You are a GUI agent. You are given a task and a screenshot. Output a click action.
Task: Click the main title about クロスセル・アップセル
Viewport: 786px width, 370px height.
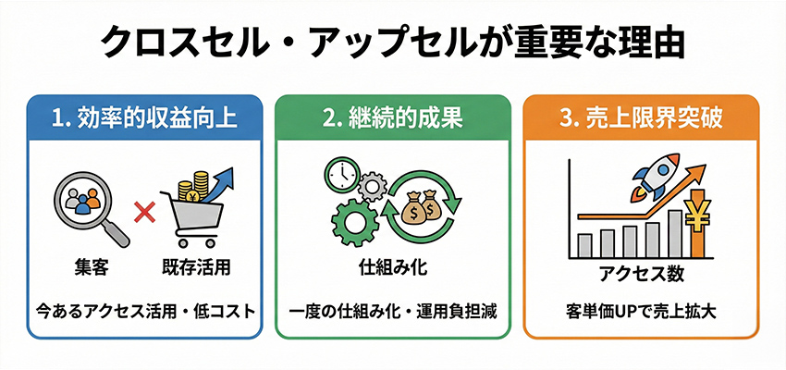tap(392, 43)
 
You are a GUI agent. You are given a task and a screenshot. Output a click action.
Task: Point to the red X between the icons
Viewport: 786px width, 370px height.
tap(142, 215)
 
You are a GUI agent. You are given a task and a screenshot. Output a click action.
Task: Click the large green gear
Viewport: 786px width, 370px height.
tap(350, 221)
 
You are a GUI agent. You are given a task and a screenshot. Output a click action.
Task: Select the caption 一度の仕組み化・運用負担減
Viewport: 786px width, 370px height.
tap(392, 310)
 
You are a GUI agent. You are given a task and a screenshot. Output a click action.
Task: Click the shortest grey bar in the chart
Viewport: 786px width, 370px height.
tap(584, 245)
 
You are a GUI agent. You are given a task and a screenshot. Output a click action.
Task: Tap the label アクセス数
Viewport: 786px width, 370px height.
tap(642, 275)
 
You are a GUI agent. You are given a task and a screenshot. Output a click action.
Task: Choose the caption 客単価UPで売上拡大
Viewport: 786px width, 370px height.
tap(642, 310)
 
